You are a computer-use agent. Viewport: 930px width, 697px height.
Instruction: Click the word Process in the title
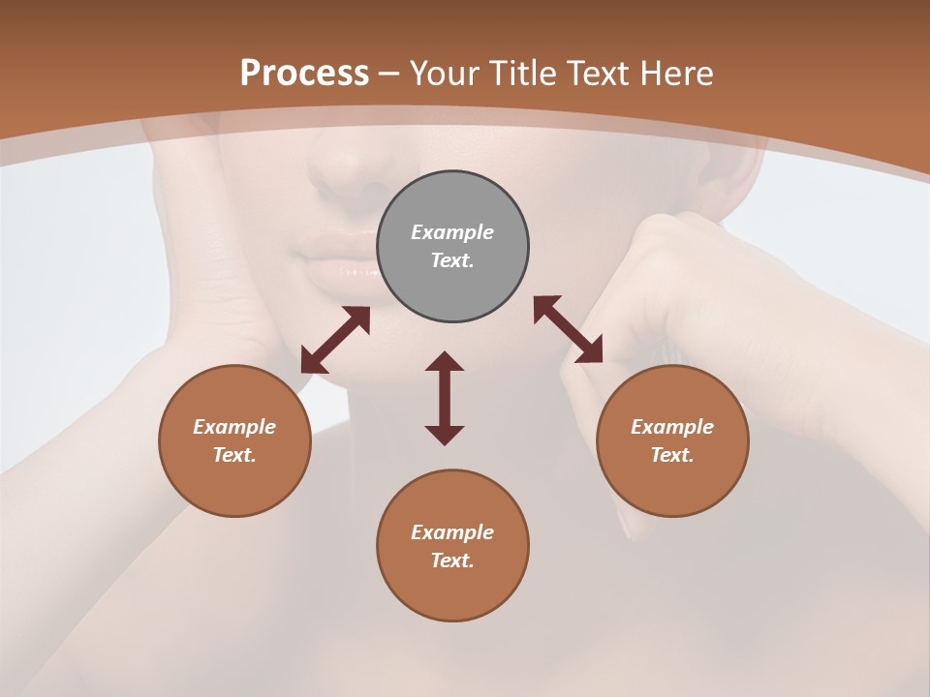pos(304,74)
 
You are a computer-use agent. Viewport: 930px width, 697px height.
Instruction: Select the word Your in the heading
pos(443,74)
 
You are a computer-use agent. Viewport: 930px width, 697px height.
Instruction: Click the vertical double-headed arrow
pos(445,398)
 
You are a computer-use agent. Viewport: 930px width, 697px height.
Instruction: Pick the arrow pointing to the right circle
pos(569,329)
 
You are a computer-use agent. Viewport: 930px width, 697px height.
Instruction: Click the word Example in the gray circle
pos(452,232)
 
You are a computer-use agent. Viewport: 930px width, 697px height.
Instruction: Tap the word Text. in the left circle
pos(234,455)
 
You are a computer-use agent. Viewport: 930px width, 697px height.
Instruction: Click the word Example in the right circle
pos(672,427)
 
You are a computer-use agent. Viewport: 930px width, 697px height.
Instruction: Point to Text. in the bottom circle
pos(452,561)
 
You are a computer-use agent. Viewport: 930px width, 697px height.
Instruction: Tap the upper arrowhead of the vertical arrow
pos(445,362)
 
